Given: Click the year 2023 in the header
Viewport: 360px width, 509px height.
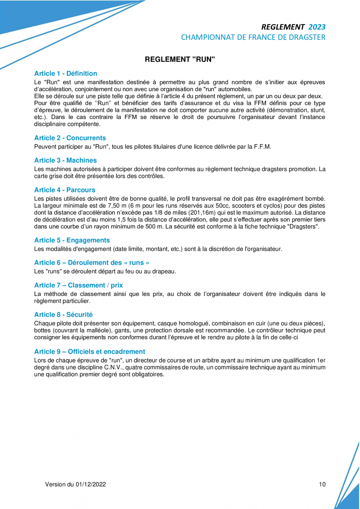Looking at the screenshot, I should pyautogui.click(x=317, y=27).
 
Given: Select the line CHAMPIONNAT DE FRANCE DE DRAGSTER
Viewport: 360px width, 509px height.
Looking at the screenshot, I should pyautogui.click(x=253, y=38).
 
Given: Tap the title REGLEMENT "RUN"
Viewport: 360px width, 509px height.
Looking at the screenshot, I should pyautogui.click(x=180, y=60).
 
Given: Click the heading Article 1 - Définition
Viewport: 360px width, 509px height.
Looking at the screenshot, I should pyautogui.click(x=65, y=73).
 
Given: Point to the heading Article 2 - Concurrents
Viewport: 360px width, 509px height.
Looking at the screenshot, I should pyautogui.click(x=70, y=138).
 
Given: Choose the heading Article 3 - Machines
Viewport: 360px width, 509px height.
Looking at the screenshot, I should pyautogui.click(x=65, y=160).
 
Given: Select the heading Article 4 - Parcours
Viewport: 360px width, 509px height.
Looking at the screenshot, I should pyautogui.click(x=65, y=190).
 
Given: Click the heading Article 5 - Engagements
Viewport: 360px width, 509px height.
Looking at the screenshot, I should pyautogui.click(x=72, y=240).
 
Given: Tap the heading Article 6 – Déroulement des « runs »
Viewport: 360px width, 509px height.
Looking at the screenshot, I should pyautogui.click(x=91, y=262).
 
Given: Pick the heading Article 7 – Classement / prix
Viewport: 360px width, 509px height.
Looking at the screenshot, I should pyautogui.click(x=78, y=285).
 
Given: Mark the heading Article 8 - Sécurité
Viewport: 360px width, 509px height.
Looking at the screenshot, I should pyautogui.click(x=63, y=314).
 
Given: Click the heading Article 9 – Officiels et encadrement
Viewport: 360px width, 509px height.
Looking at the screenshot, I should pyautogui.click(x=90, y=351).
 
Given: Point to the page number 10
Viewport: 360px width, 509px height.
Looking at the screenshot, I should pyautogui.click(x=322, y=484).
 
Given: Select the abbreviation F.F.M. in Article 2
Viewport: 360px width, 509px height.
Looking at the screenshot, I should pyautogui.click(x=262, y=147).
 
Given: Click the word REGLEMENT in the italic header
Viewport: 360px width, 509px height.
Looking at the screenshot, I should pyautogui.click(x=282, y=27).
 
